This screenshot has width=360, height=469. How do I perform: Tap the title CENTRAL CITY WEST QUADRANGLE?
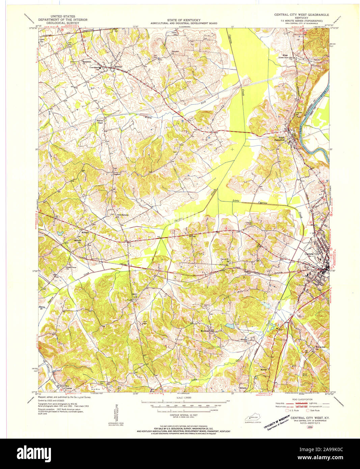point(301,15)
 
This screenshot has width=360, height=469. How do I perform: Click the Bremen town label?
point(118,66)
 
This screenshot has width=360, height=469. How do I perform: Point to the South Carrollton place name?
point(280,139)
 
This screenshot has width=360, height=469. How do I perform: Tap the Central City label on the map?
point(312,254)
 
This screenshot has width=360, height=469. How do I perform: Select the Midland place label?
point(85,232)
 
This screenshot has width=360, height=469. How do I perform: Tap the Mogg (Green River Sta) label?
point(287,56)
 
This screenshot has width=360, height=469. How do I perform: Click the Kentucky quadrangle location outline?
point(254,418)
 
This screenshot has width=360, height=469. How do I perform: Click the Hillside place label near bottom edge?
point(243,388)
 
